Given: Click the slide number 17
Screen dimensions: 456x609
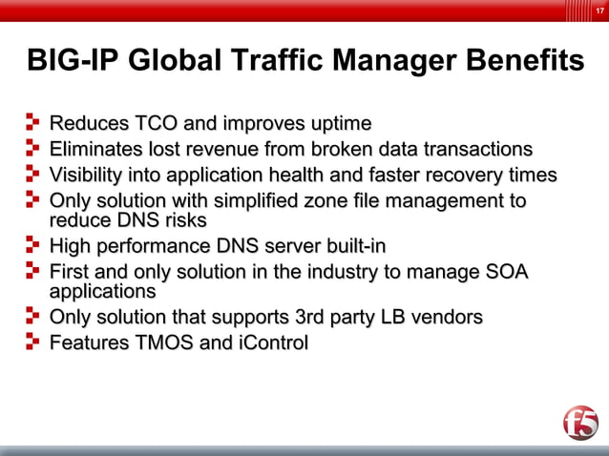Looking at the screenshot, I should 598,10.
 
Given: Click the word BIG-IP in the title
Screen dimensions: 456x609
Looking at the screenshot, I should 73,62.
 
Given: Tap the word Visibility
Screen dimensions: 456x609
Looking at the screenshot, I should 88,176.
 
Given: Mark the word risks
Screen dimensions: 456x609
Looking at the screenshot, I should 181,220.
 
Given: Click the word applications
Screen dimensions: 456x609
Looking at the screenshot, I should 102,291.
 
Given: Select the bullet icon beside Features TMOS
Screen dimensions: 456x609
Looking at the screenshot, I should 33,342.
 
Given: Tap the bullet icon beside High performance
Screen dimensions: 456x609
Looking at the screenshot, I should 33,245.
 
